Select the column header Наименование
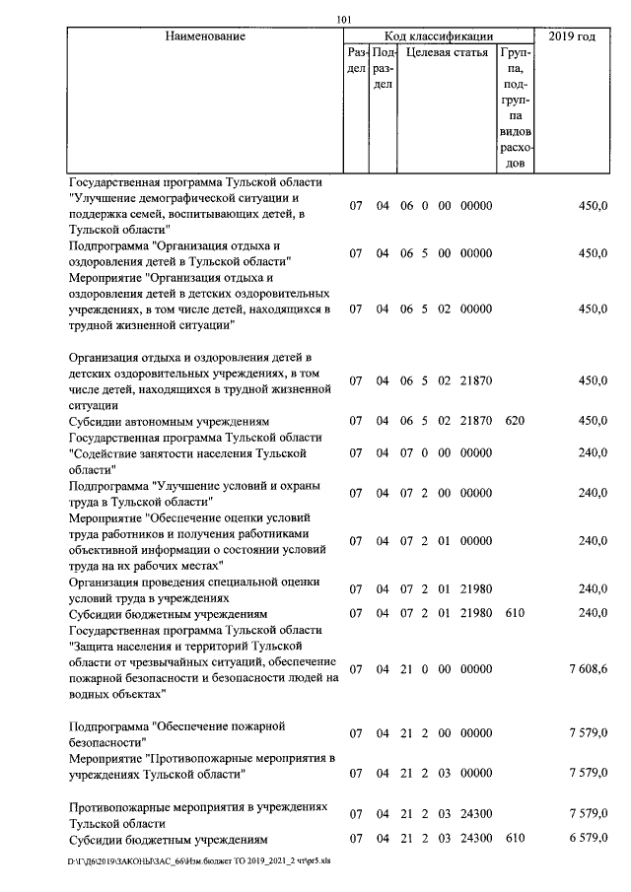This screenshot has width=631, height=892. [x=205, y=37]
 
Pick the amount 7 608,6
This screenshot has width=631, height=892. [x=588, y=669]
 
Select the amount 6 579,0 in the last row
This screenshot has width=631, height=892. [x=588, y=839]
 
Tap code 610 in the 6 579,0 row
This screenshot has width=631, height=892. [x=514, y=839]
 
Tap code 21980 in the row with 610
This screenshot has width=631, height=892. [x=475, y=613]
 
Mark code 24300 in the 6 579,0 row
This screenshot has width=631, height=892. [x=475, y=839]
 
